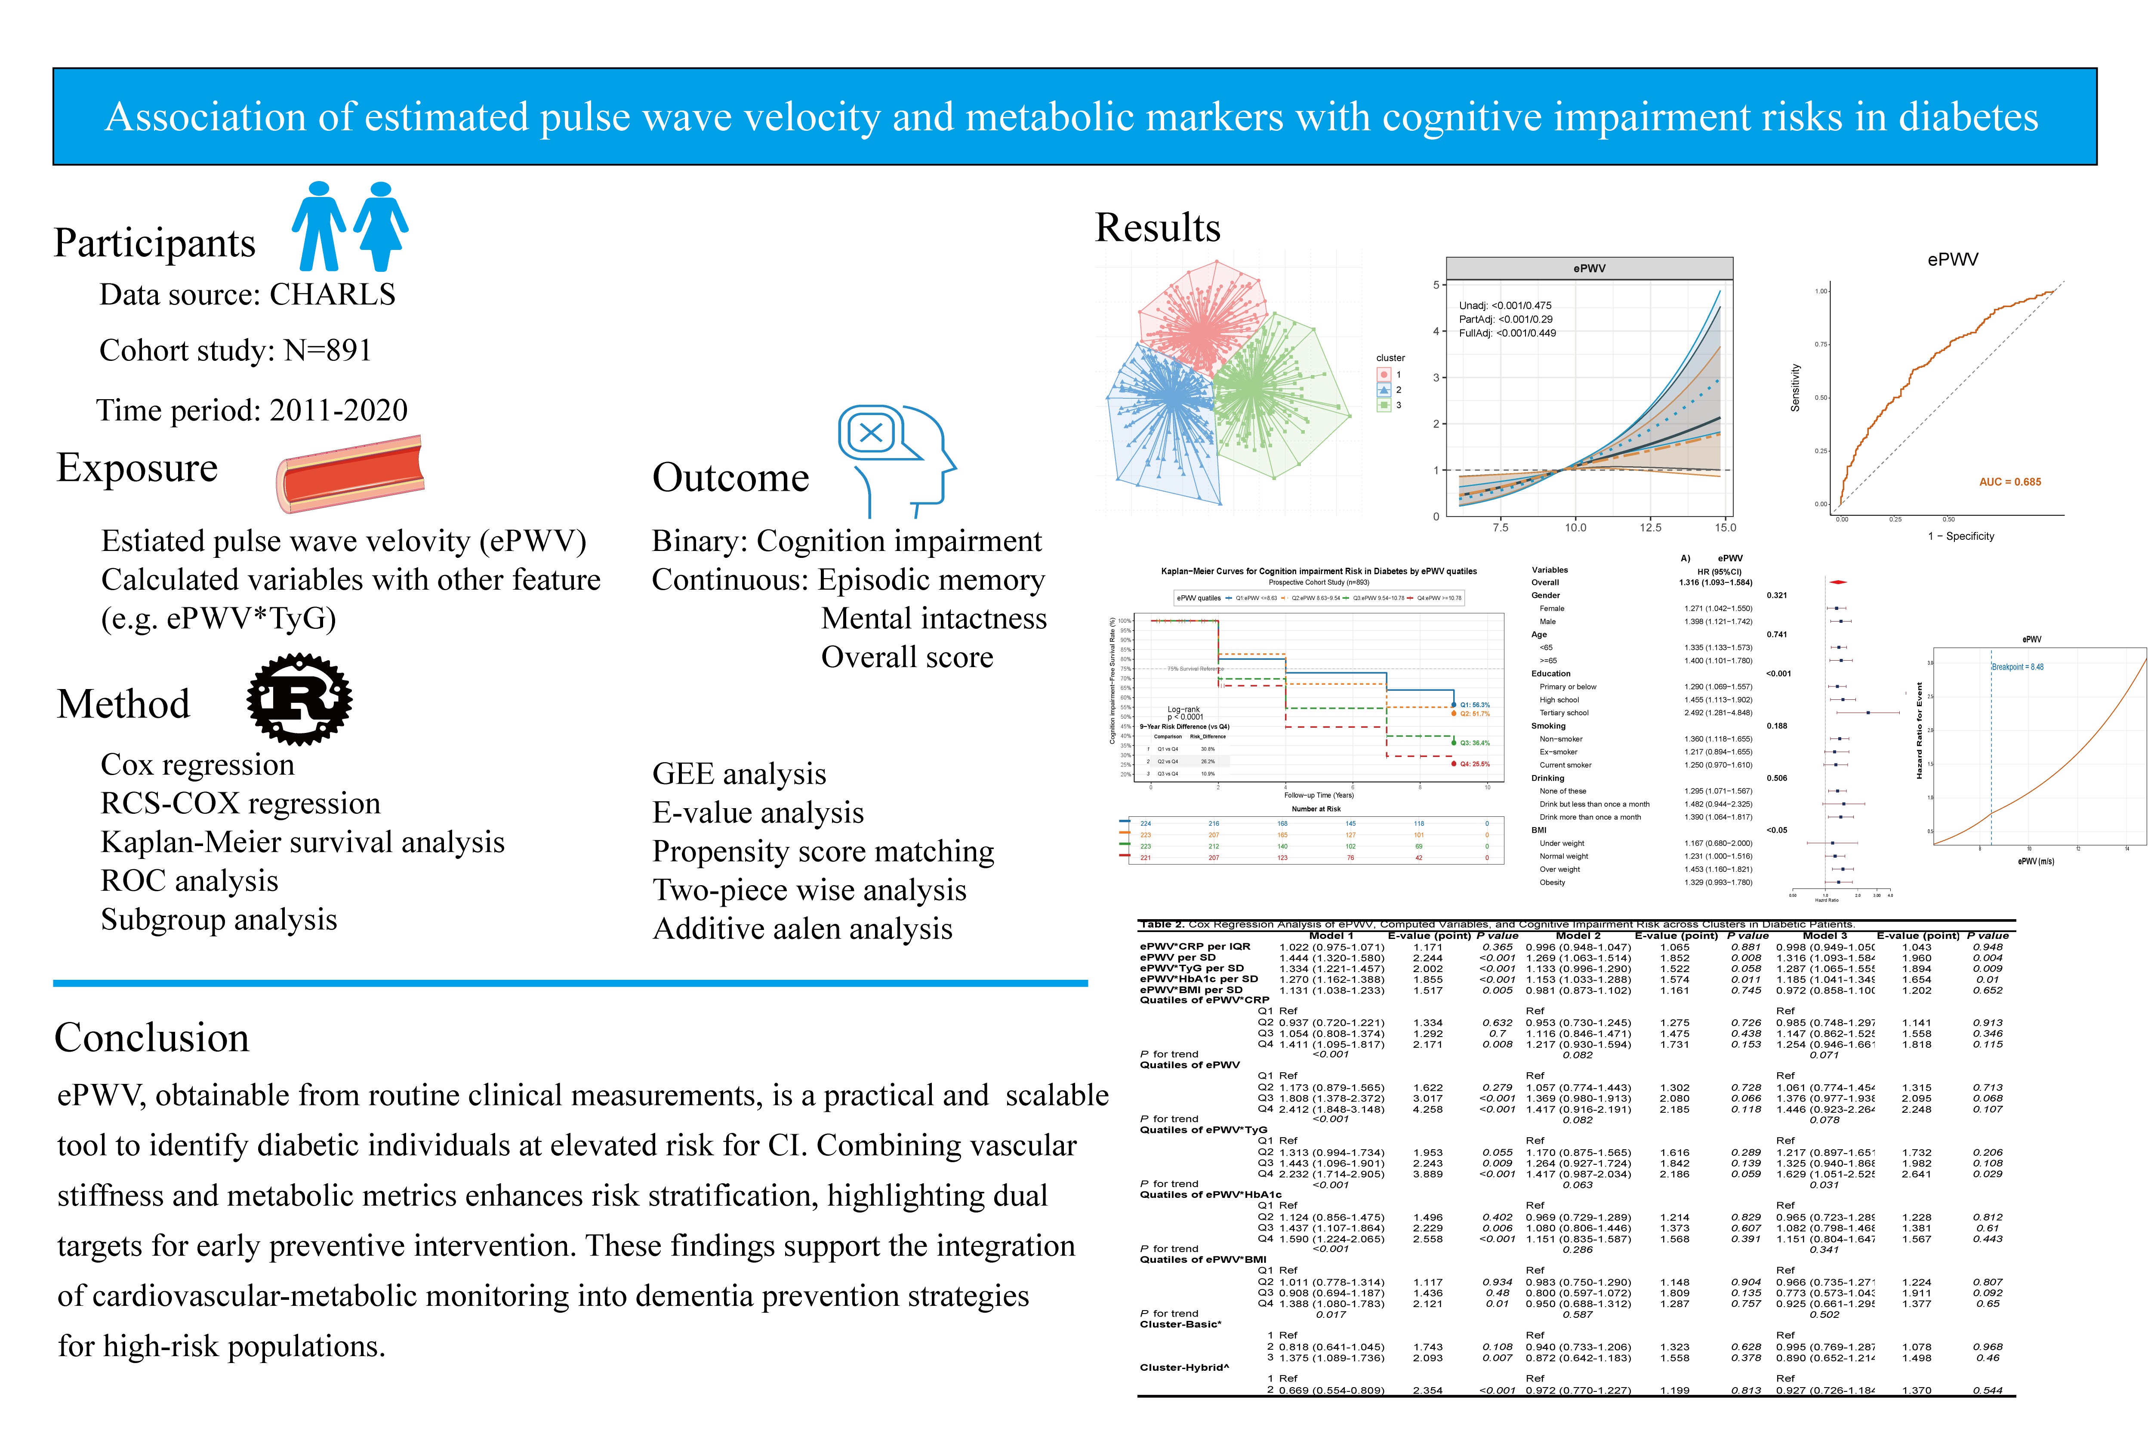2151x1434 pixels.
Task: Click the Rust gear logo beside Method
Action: (299, 700)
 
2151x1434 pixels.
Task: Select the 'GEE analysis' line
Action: (739, 774)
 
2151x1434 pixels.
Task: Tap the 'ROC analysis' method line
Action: (189, 881)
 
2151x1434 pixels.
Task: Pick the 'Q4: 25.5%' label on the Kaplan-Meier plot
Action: (1474, 763)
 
